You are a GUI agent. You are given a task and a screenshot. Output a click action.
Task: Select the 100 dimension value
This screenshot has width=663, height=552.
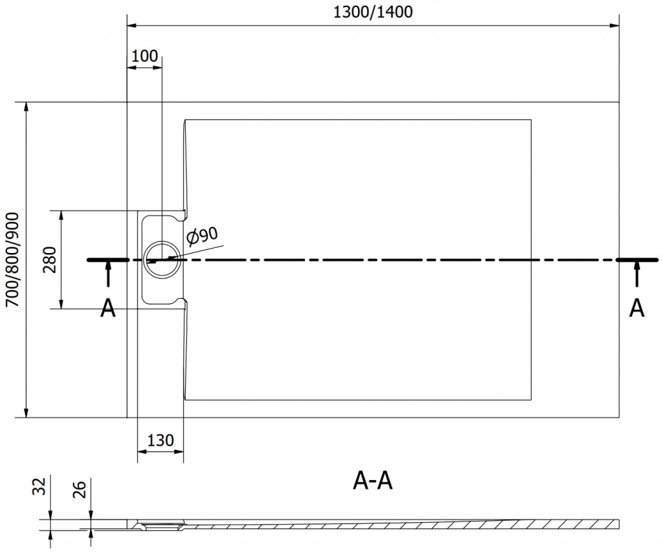[144, 56]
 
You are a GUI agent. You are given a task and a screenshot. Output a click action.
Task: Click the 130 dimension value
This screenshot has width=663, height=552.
[160, 441]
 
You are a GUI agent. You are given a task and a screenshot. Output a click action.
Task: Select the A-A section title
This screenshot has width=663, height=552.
[374, 480]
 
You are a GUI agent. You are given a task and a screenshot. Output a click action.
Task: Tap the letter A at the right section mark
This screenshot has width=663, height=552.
[637, 309]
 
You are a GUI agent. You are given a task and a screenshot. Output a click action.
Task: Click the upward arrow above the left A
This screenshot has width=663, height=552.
[108, 274]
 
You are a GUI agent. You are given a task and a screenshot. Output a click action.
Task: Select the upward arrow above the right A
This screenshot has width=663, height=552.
[638, 274]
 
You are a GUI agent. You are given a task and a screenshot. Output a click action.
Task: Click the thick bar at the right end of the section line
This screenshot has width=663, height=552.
[638, 259]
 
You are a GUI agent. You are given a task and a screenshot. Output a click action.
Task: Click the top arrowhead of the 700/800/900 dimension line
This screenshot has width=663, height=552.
[26, 107]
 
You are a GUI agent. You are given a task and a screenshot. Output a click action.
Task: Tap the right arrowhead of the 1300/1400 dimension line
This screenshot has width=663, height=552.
[616, 26]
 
